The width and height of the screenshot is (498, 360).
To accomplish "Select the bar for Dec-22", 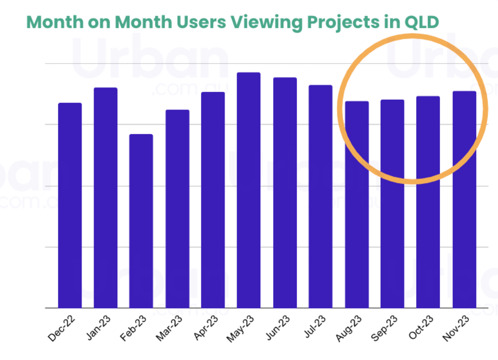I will pyautogui.click(x=70, y=206).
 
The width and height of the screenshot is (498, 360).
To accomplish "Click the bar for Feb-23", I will pyautogui.click(x=141, y=221).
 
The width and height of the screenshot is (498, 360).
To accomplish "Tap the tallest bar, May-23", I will pyautogui.click(x=249, y=191).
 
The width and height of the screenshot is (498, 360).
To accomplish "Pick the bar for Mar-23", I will pyautogui.click(x=177, y=209).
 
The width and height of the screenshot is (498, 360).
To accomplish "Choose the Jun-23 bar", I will pyautogui.click(x=285, y=193).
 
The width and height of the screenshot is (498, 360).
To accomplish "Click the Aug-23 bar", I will pyautogui.click(x=356, y=205).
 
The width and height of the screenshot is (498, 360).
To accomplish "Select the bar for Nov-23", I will pyautogui.click(x=464, y=200).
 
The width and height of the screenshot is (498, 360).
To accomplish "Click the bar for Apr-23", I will pyautogui.click(x=213, y=200).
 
